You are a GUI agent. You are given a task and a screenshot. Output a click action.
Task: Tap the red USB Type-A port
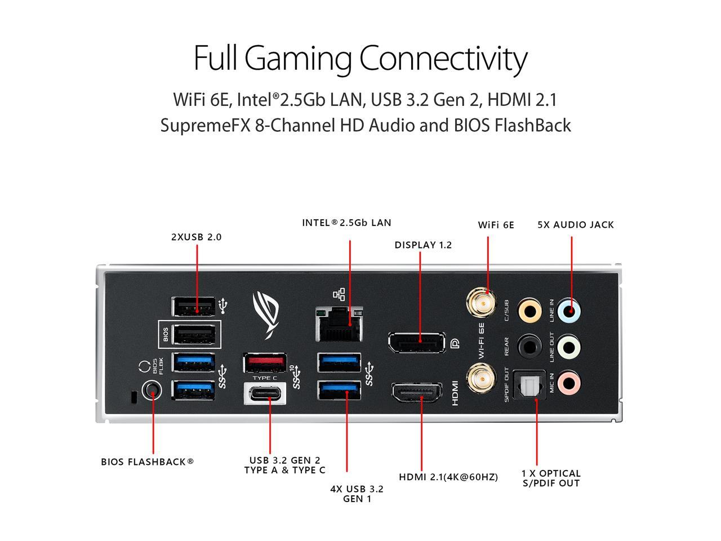tap(264, 362)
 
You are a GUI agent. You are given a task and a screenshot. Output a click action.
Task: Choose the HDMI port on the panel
tap(417, 392)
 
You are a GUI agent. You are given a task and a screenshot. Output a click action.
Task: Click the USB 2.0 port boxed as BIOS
tap(194, 335)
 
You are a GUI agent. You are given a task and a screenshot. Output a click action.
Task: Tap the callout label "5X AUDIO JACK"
tap(575, 225)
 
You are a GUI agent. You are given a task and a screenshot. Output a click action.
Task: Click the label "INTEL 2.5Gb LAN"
tap(346, 223)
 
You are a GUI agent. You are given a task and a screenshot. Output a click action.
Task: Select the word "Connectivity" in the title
tap(443, 58)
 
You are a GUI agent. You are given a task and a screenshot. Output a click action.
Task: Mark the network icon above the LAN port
tap(339, 294)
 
